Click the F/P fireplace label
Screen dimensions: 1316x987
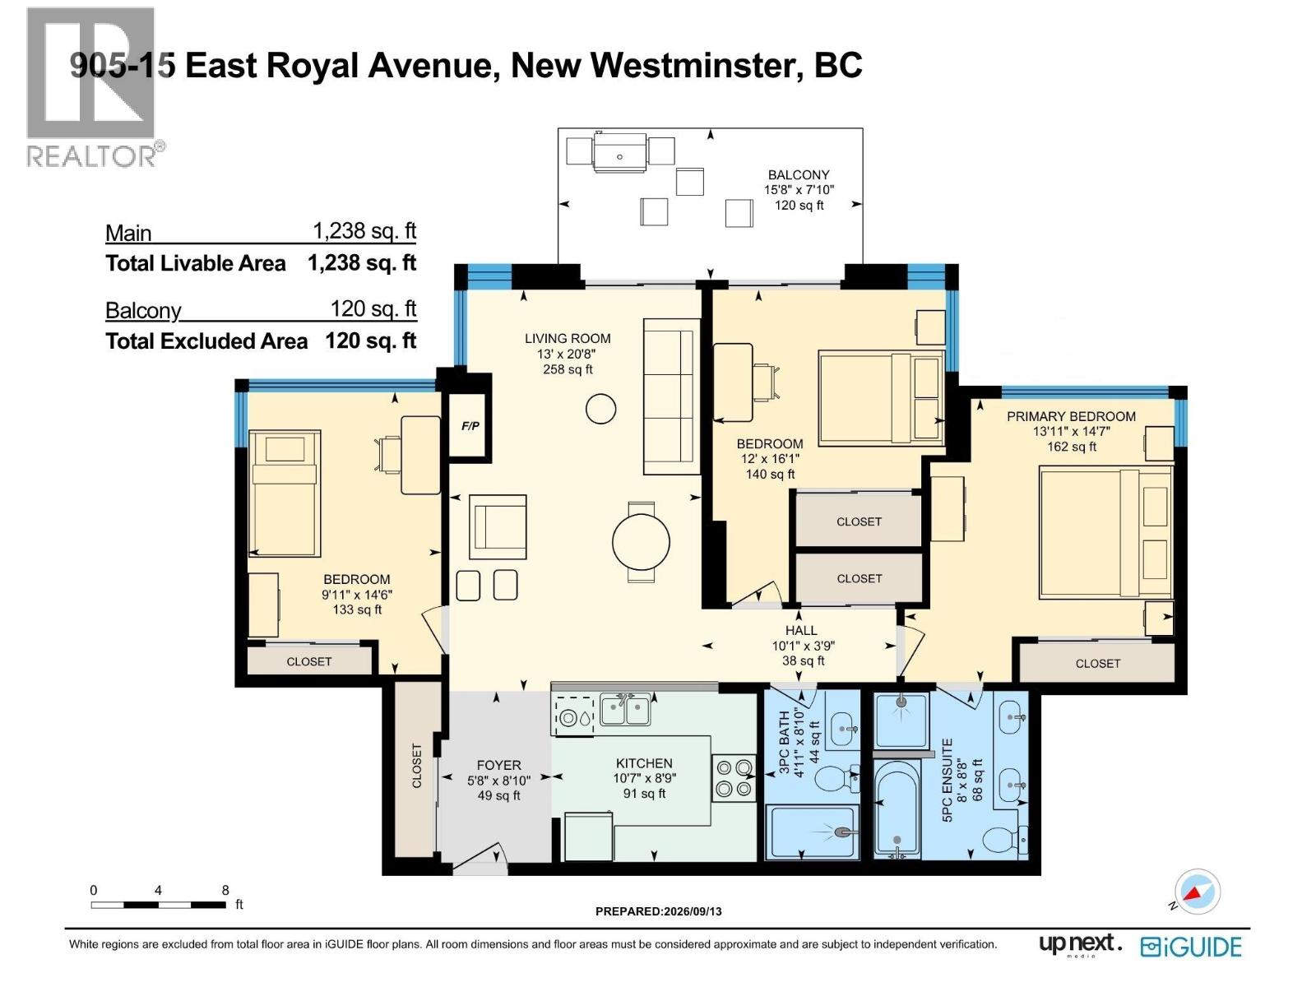tap(470, 426)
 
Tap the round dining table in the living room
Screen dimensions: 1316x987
tap(641, 542)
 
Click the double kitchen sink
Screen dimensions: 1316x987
tap(625, 710)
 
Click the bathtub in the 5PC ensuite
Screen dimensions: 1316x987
tap(897, 809)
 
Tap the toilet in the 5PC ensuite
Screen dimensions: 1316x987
tap(1005, 840)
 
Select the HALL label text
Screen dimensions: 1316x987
tap(801, 630)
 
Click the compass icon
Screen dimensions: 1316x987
tap(1198, 892)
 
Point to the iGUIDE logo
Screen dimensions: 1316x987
tap(1191, 947)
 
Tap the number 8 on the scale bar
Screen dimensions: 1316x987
tap(225, 891)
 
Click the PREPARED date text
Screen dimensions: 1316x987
tap(658, 911)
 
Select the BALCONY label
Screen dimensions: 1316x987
tap(799, 175)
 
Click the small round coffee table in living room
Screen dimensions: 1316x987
tap(600, 410)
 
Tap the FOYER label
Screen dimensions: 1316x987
tap(498, 765)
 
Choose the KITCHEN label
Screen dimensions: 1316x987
tap(644, 763)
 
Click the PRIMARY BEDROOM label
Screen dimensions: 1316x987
tap(1071, 416)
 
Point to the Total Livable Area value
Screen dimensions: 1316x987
tap(362, 262)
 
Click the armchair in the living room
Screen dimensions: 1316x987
tap(498, 526)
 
